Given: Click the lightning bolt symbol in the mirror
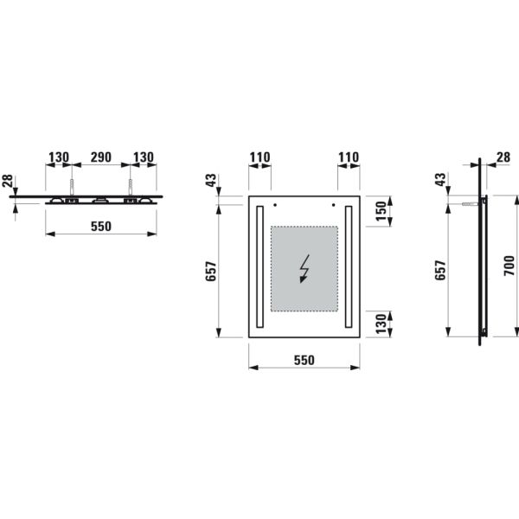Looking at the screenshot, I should (304, 269).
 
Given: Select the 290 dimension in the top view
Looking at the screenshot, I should (100, 157).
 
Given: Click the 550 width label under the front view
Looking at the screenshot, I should (304, 359).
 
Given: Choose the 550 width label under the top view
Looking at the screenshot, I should (101, 226).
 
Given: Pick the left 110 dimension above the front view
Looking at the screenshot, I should (259, 157).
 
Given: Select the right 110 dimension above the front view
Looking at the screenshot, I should (348, 157).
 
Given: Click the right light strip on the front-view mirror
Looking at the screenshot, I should (349, 268).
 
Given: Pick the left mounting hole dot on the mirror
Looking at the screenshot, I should (274, 206).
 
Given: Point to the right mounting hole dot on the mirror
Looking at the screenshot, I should (334, 206).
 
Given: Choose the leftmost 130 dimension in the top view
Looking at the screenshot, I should (58, 157).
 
